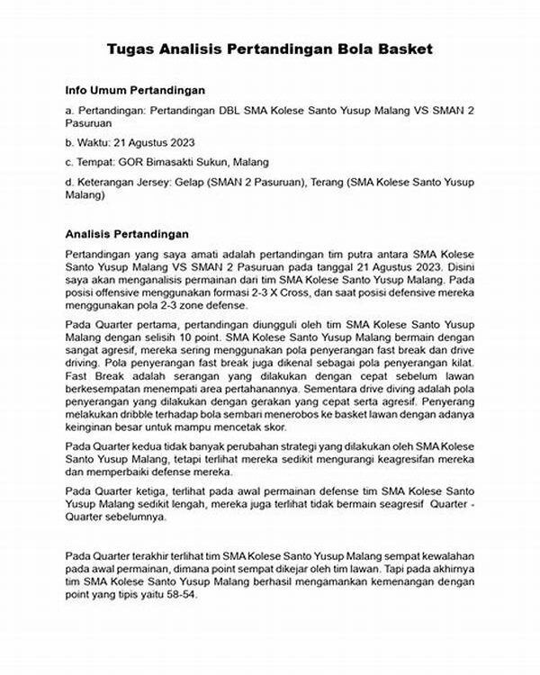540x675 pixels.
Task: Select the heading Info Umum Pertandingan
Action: pos(135,91)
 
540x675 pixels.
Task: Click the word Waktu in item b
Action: pos(94,142)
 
